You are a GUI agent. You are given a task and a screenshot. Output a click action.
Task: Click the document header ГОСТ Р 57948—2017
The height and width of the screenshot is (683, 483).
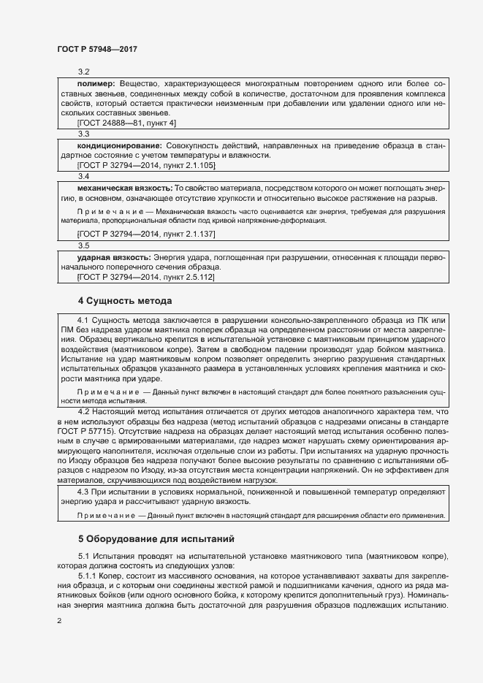pos(97,49)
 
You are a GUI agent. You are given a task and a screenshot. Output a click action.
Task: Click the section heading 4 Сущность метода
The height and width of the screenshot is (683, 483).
pos(124,300)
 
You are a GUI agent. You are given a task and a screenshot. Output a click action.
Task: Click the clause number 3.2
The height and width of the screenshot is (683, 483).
pos(83,72)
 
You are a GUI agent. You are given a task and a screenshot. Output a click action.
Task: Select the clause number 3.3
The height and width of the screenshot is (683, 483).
pos(83,134)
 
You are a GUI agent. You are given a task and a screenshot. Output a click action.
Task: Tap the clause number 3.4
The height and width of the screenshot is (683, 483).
pos(83,177)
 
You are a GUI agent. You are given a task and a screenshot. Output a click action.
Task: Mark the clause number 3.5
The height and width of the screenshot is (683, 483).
pos(83,246)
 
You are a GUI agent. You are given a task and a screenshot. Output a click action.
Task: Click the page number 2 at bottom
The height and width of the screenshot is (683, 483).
pos(59,621)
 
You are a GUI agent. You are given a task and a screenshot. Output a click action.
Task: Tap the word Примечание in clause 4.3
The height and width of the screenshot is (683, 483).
pos(106,516)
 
